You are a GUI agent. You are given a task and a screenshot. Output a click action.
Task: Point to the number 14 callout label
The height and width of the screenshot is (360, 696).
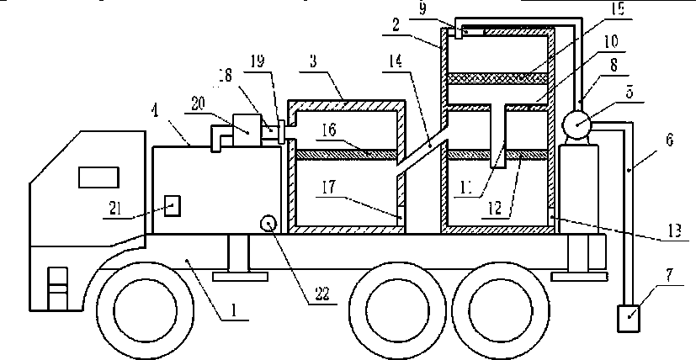click(401, 62)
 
